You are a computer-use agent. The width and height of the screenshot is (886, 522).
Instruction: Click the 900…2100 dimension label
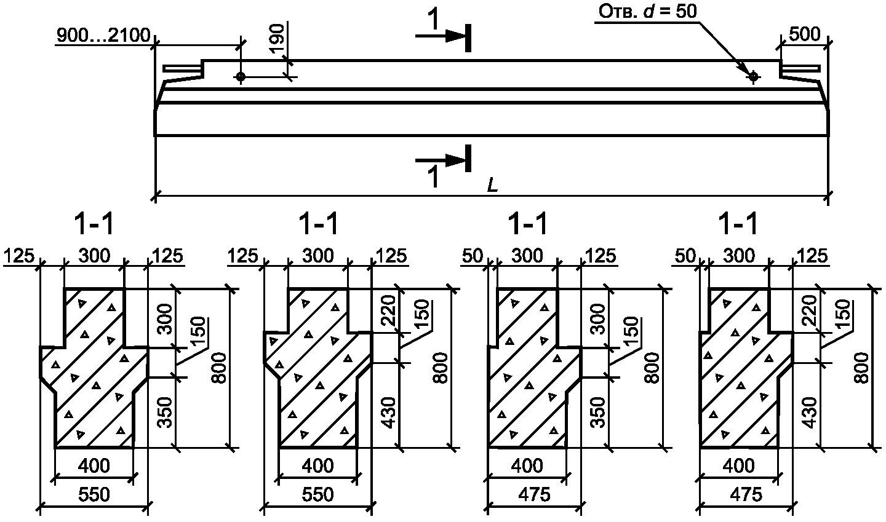pos(103,36)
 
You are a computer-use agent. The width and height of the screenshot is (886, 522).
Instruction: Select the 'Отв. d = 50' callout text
pos(647,12)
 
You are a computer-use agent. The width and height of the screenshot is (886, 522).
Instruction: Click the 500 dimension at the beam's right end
pos(805,35)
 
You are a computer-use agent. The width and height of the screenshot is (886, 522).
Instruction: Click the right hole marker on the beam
pos(754,76)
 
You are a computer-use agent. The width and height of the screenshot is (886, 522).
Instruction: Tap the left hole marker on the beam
pos(241,76)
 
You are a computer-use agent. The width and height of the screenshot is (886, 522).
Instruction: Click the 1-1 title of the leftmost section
pos(94,224)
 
